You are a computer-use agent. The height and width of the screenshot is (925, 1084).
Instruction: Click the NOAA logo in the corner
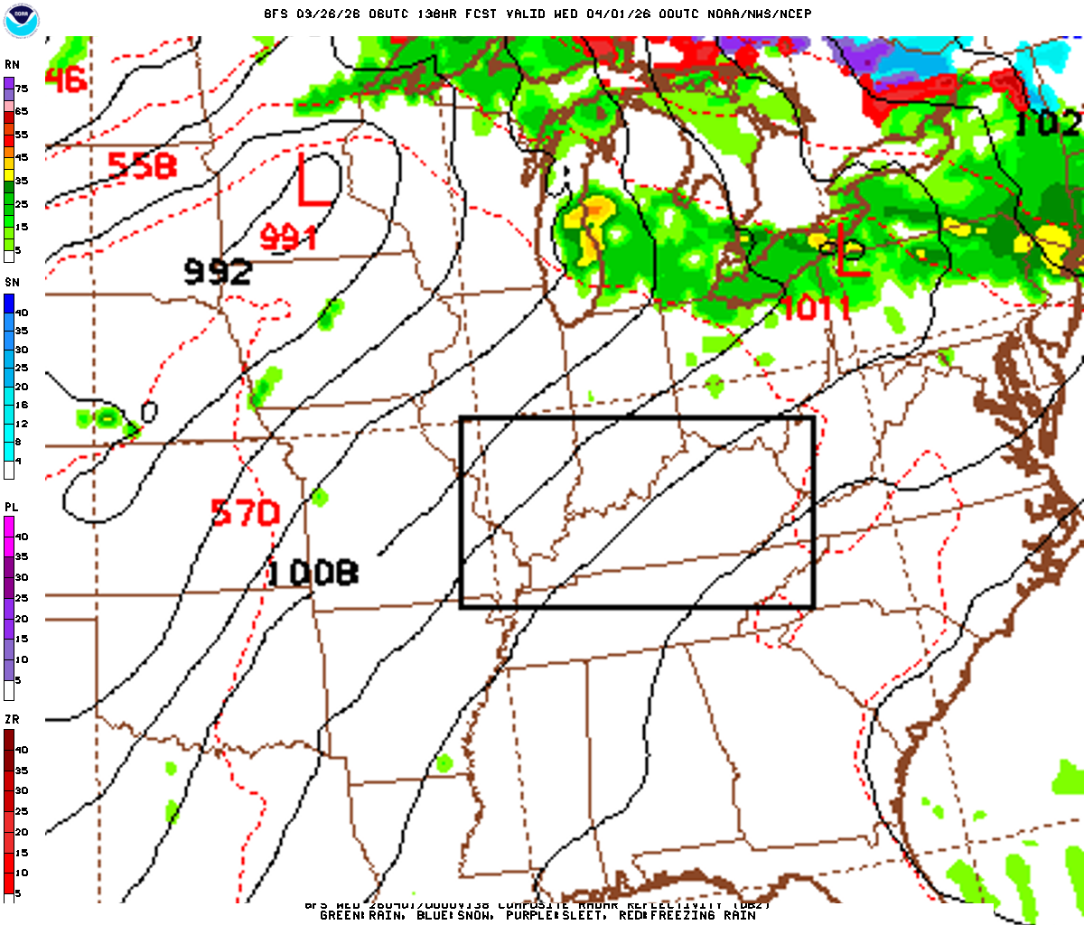[x=21, y=21]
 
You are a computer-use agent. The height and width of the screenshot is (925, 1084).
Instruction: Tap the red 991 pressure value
[x=288, y=238]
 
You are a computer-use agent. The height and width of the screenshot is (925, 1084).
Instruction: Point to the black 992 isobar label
[x=218, y=270]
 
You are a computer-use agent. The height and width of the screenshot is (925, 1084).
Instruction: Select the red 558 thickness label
[x=142, y=165]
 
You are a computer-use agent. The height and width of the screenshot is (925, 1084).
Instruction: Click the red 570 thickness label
[x=245, y=512]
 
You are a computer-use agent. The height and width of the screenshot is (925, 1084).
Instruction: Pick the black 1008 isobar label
[x=312, y=572]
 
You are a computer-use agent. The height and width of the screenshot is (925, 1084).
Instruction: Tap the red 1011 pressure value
[x=815, y=308]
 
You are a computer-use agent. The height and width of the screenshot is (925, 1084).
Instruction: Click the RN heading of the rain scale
[x=12, y=65]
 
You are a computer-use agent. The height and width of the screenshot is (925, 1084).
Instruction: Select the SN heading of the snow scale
[x=12, y=283]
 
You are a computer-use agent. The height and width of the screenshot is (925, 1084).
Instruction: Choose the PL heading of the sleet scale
[x=12, y=508]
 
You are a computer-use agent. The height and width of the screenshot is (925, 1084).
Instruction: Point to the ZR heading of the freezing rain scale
[x=12, y=719]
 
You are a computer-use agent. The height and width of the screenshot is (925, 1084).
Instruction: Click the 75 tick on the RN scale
[x=21, y=89]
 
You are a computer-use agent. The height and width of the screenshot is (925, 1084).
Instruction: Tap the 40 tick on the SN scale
[x=21, y=313]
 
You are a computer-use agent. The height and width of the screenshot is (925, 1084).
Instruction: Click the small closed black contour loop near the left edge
[x=149, y=412]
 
